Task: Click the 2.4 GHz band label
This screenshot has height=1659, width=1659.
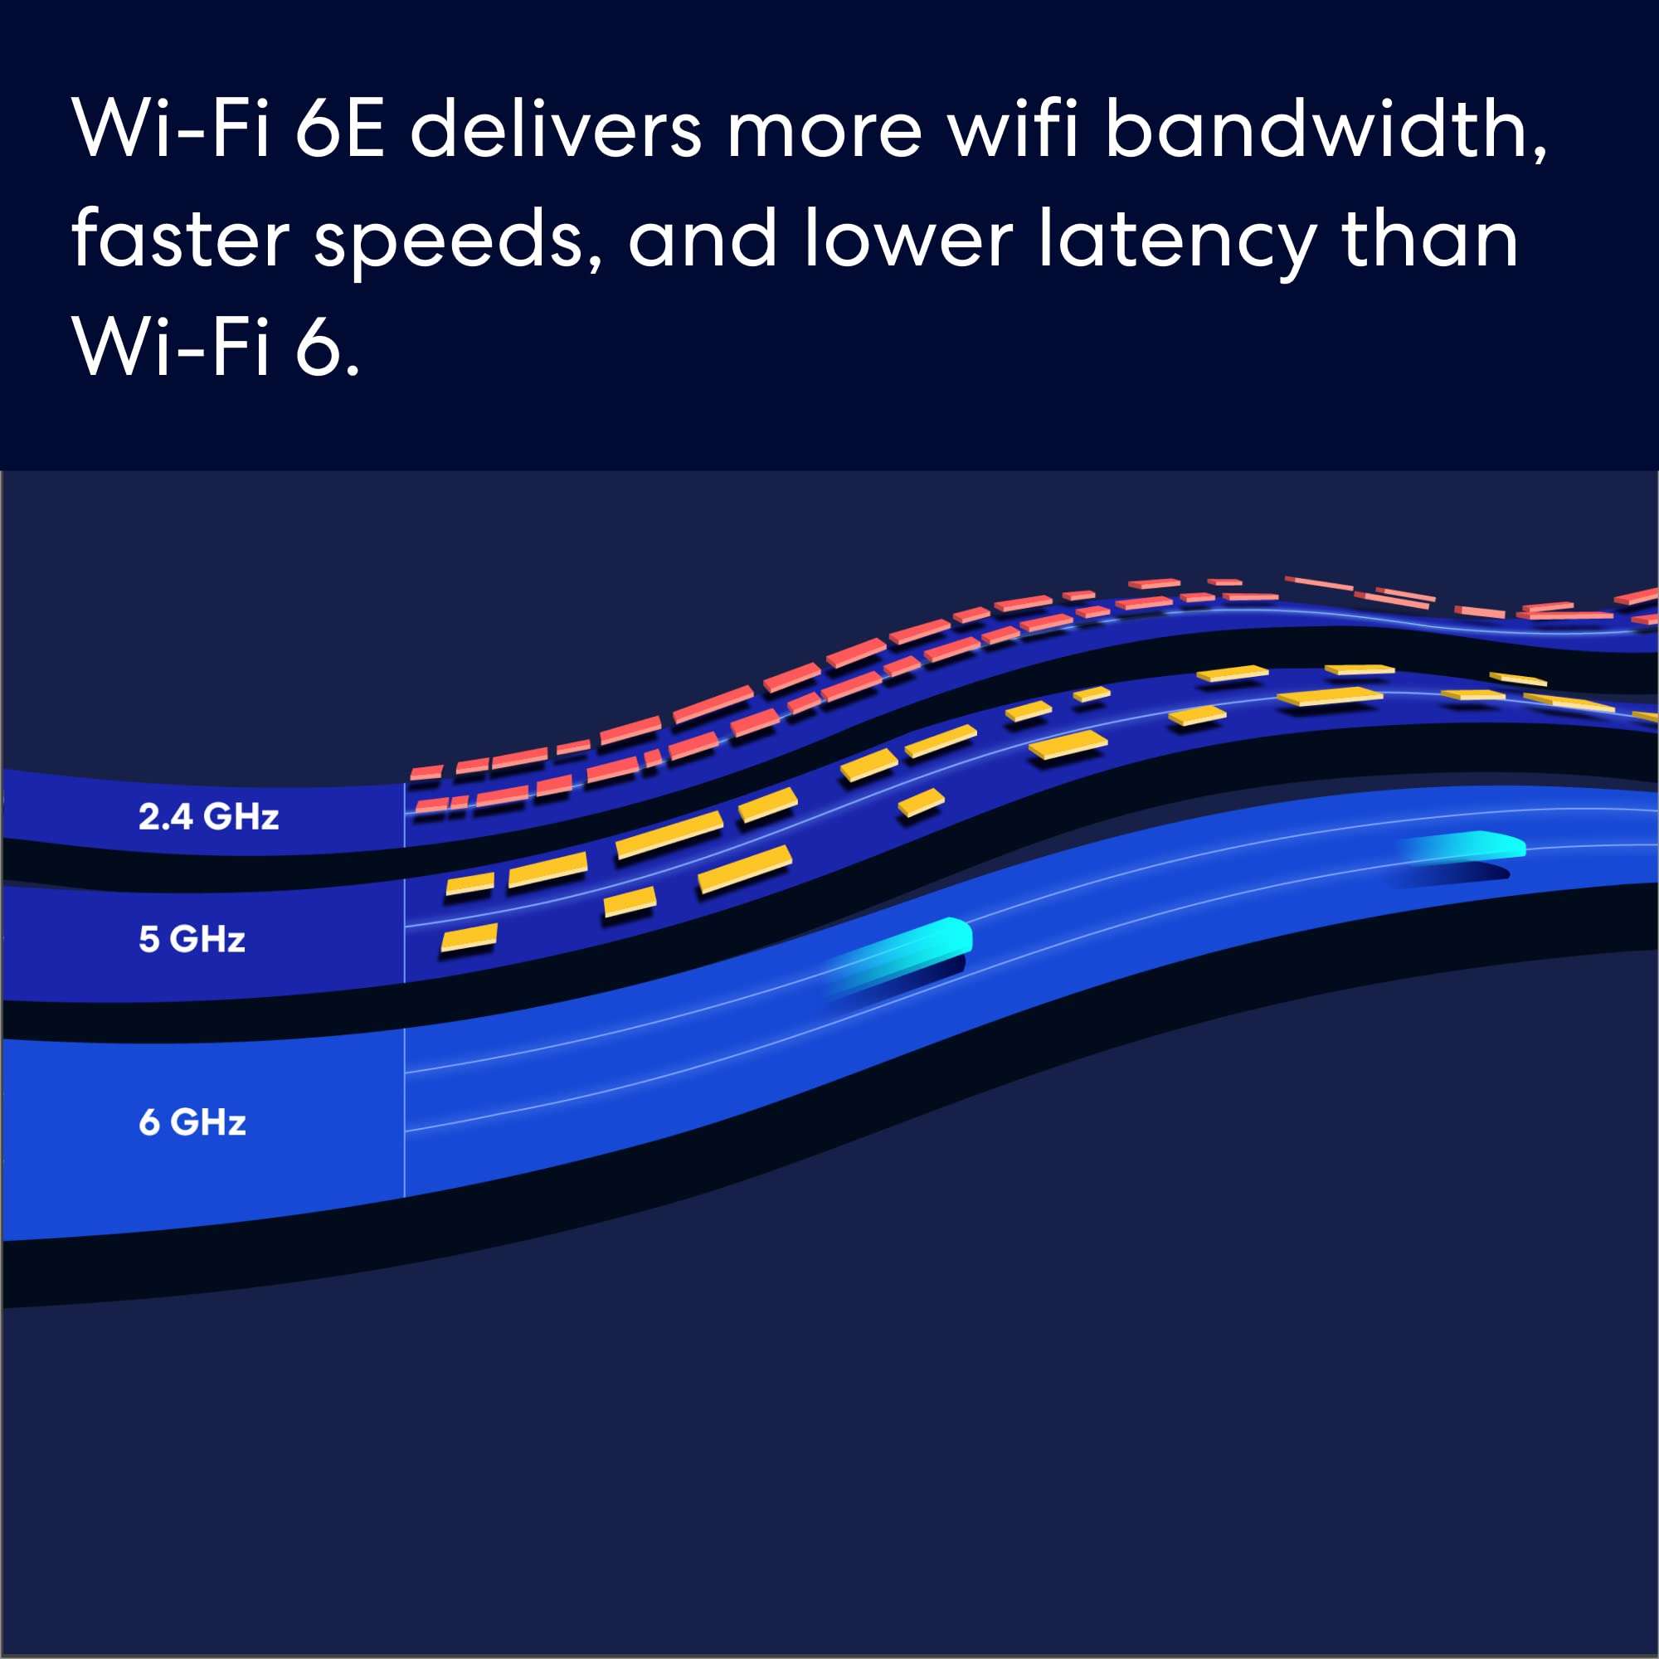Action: coord(209,816)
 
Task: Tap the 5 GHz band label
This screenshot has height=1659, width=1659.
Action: coord(192,940)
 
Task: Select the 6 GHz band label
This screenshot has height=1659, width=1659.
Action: coord(192,1122)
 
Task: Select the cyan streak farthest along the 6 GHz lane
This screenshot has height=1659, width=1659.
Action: coord(1461,846)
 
